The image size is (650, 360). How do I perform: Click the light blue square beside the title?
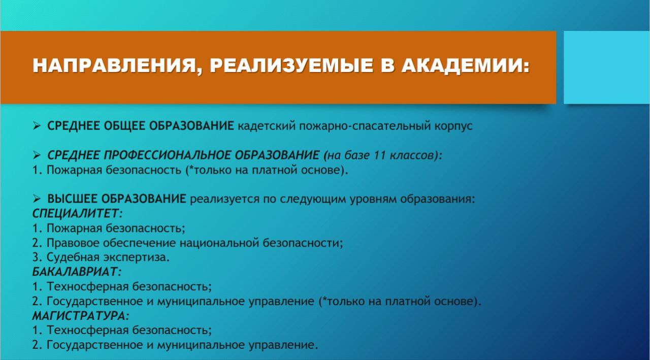(x=606, y=67)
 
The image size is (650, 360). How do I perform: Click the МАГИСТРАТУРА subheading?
(x=81, y=316)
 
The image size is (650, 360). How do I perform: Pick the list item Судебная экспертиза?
(x=108, y=257)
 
